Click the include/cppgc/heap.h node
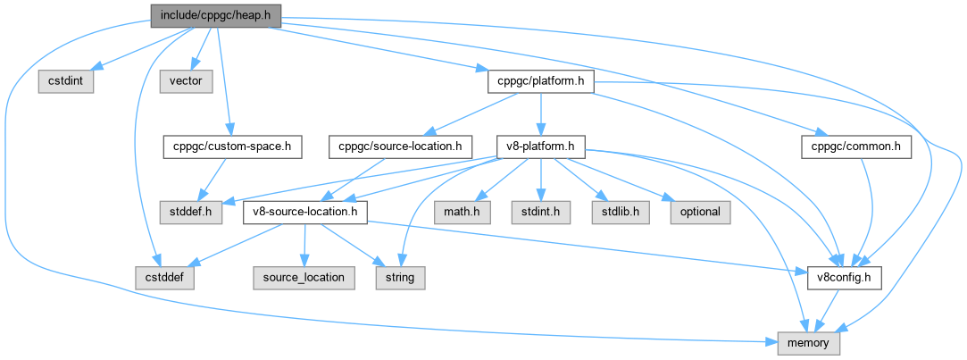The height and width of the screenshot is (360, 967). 210,15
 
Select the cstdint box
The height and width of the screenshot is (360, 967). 62,81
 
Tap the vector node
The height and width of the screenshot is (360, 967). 185,81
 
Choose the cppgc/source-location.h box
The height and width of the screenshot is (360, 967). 400,146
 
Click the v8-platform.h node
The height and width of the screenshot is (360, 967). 541,146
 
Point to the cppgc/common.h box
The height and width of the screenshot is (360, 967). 856,146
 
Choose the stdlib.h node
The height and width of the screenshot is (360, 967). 614,212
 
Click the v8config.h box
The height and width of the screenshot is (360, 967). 844,277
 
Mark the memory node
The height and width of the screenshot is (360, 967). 808,342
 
